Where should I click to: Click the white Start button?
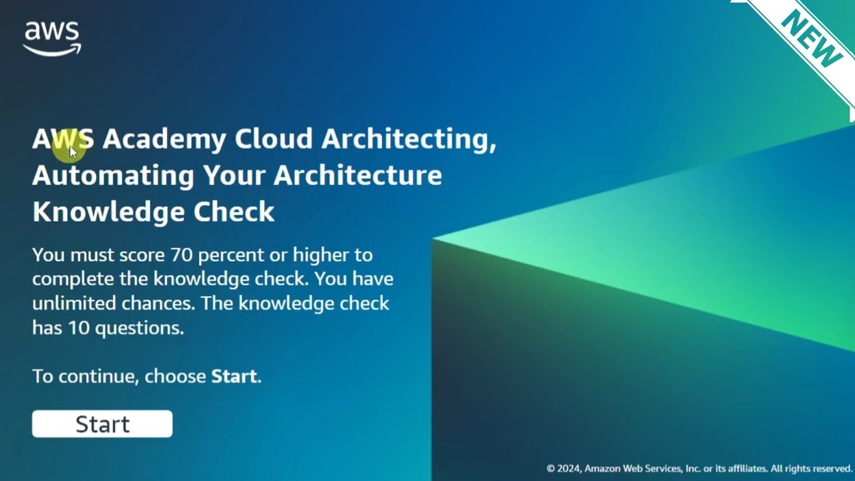pos(102,424)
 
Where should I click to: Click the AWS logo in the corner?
pos(52,39)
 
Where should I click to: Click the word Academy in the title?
pos(164,139)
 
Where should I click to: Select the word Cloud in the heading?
pos(274,139)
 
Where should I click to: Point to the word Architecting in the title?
pos(408,139)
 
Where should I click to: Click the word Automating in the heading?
pos(113,175)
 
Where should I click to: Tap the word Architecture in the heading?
pos(357,175)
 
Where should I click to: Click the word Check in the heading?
pos(234,212)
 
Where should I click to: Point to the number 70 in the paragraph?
pos(181,255)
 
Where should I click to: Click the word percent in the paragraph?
pos(230,255)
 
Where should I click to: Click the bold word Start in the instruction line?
pos(234,376)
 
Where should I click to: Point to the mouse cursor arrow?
pos(73,151)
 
